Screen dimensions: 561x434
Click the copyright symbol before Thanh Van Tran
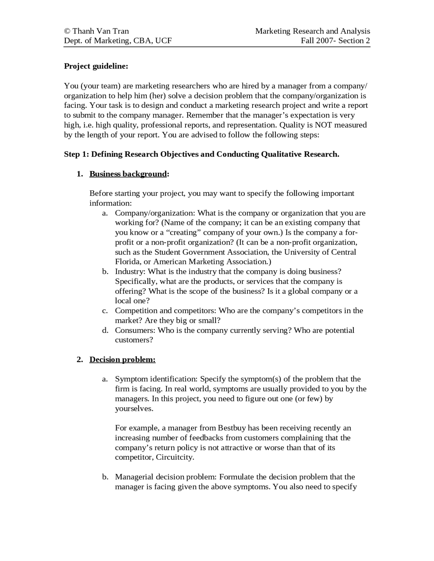coord(67,31)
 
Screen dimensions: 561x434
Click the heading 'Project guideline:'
coord(96,66)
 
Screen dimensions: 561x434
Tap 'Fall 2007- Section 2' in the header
coord(335,41)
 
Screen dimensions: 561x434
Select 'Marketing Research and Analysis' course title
coord(312,31)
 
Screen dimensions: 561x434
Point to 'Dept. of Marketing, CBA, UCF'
coord(118,41)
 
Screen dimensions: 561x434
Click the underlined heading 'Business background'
coord(128,174)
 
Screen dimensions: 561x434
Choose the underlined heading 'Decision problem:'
coord(122,360)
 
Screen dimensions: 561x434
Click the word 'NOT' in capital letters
coord(323,125)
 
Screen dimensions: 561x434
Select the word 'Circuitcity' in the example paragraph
coord(175,457)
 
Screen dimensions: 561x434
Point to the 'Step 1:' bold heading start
coord(77,154)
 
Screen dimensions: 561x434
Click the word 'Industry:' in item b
coord(130,272)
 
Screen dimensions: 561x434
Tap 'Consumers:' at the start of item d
coord(135,330)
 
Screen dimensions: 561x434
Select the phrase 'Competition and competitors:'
coord(165,311)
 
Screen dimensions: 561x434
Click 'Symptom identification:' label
coord(156,379)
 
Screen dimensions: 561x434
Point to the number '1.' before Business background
coord(80,174)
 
